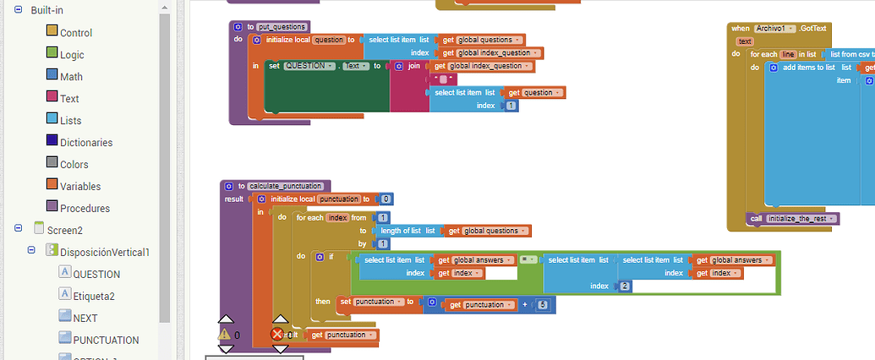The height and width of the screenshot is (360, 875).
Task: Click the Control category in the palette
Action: coord(75,33)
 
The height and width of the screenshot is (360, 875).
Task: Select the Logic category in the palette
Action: coord(72,55)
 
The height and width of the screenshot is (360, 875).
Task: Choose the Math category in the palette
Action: coord(71,77)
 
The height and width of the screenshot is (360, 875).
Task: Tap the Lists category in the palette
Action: coord(70,121)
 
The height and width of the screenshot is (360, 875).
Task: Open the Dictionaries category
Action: coord(85,143)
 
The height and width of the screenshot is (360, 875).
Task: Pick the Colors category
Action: coord(74,165)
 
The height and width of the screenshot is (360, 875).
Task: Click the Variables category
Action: coord(79,187)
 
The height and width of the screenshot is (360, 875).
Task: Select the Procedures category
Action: coord(85,209)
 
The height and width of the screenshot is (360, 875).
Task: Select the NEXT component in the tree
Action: coord(85,318)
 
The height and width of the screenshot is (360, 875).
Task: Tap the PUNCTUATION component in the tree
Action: coord(106,340)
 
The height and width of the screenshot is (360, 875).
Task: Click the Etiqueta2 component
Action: coord(93,296)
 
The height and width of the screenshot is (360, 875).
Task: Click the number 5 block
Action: coord(542,304)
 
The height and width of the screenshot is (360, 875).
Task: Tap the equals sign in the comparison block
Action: coord(524,260)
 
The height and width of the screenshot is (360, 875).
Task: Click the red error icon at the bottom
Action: coord(277,335)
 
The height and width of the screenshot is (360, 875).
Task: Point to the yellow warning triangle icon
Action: coord(225,334)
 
